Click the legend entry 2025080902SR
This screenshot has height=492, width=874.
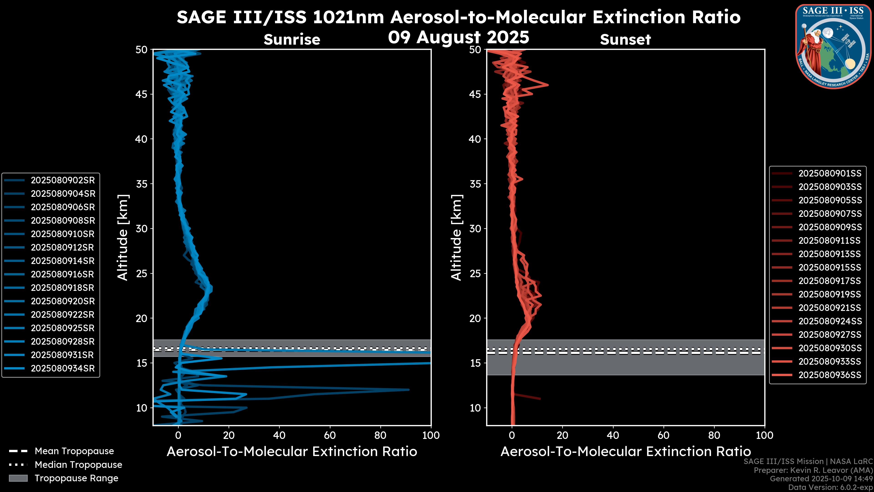tap(63, 180)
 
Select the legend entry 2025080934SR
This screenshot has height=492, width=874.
tap(63, 368)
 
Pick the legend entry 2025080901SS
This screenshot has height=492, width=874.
tap(830, 174)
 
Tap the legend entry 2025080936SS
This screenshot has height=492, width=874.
tap(830, 375)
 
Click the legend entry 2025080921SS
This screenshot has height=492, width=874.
tap(830, 308)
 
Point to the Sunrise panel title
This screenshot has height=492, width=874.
tap(292, 40)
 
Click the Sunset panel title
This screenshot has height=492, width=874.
tap(625, 40)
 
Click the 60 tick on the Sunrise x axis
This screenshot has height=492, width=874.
tap(330, 435)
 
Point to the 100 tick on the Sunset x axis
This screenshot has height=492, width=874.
tap(765, 435)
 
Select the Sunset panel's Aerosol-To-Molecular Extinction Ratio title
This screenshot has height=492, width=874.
tap(625, 452)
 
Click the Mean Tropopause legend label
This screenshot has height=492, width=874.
tap(74, 451)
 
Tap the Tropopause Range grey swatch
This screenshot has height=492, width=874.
tap(18, 478)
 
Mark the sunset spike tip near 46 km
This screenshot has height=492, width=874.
tap(548, 85)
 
